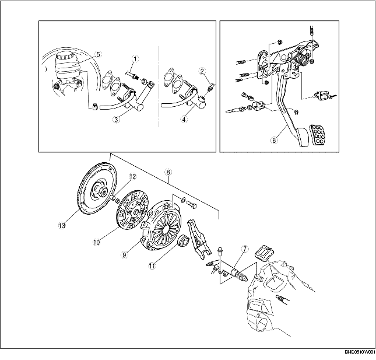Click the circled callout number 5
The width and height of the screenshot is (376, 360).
coord(99,54)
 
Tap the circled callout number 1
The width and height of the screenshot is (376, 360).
coord(135,59)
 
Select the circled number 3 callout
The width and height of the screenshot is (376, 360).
coord(116,119)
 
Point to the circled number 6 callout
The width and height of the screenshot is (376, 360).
coord(275,140)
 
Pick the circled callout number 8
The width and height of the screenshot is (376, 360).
coord(168,172)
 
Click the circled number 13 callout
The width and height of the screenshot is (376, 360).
coord(62,226)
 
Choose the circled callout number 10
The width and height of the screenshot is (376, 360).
coord(96,242)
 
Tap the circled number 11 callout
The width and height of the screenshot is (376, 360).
coord(152,266)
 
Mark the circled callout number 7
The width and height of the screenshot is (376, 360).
coord(245,249)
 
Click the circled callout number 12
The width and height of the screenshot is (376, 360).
coord(132,177)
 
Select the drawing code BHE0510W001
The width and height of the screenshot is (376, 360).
coord(360,352)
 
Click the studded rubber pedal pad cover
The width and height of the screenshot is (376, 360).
coord(319,135)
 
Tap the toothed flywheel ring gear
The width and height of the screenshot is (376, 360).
coord(98,188)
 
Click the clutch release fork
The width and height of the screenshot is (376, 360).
coord(199,239)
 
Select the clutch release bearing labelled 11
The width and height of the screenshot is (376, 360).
coord(184,241)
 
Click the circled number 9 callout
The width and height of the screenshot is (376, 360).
coord(124,254)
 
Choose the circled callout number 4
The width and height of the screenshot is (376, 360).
coord(184,119)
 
